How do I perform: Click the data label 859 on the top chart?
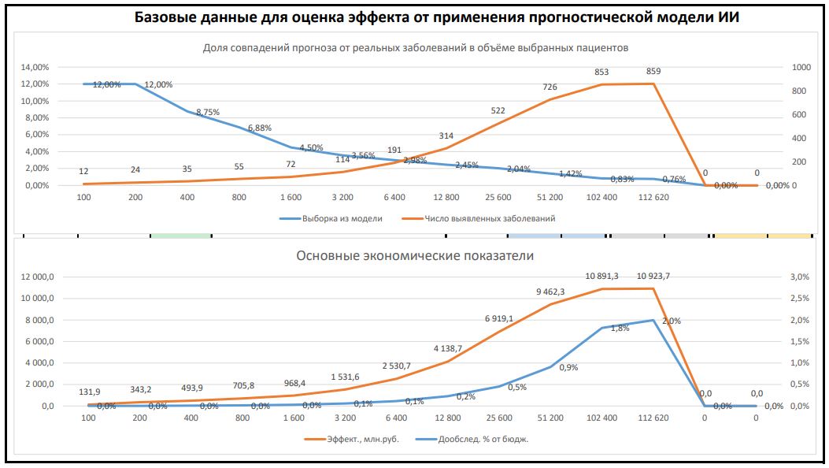point(653,72)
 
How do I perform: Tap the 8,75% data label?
point(208,112)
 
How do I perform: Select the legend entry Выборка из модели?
point(331,218)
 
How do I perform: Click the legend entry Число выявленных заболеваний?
point(479,218)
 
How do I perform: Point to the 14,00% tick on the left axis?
point(35,67)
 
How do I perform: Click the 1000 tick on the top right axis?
point(801,67)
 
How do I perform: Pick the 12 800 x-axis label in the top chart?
point(446,197)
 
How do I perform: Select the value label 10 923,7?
point(653,276)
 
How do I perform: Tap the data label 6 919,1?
point(499,319)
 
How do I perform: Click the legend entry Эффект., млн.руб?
point(352,439)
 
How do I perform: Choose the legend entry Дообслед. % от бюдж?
point(472,439)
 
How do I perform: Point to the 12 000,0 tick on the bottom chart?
point(38,277)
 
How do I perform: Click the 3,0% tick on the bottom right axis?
point(799,277)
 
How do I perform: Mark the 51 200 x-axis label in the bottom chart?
point(550,418)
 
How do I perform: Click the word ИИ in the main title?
point(728,17)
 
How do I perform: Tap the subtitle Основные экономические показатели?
point(415,256)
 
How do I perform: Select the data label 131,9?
point(90,392)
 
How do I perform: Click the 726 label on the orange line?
point(550,87)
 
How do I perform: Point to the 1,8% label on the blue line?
point(620,328)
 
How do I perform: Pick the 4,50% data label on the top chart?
point(312,148)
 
